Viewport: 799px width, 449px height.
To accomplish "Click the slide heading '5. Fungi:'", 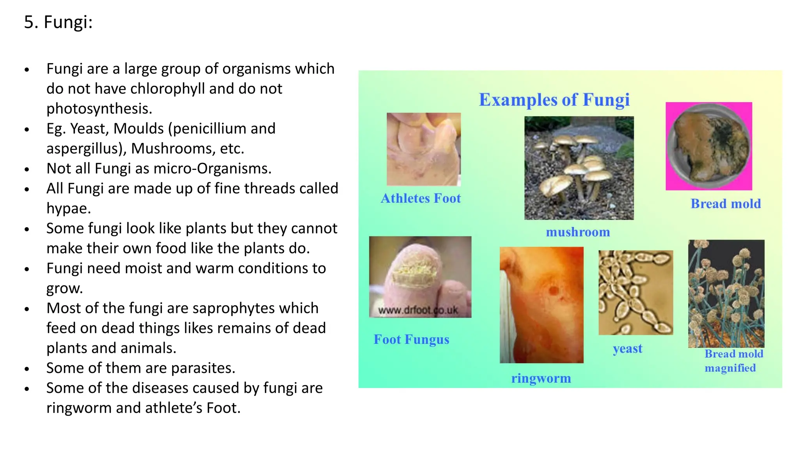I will click(58, 22).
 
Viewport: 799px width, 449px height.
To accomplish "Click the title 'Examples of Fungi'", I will click(554, 100).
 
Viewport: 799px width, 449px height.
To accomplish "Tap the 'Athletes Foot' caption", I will click(421, 198).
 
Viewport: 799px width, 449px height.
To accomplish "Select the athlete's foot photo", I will click(424, 149).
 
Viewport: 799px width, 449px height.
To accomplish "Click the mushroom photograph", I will click(579, 168).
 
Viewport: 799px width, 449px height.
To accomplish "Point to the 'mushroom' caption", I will click(578, 232).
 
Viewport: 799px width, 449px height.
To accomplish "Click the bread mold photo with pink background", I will click(708, 146).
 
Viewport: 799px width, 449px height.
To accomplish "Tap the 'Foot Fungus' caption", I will click(411, 339).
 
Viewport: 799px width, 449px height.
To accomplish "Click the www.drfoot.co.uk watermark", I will click(418, 311).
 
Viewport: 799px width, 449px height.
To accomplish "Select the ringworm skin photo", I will click(542, 305).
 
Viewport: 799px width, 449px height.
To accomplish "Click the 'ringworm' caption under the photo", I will click(541, 378).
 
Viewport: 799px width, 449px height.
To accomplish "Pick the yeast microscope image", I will click(636, 292).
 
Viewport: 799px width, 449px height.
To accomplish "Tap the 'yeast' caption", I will click(627, 348).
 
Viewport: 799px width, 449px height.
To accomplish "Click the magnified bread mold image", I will click(726, 293).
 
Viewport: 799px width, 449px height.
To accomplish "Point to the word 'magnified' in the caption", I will click(730, 368).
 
